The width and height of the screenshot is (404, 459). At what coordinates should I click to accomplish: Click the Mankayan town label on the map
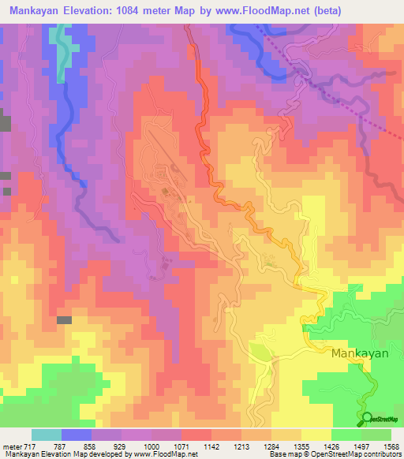[359, 353]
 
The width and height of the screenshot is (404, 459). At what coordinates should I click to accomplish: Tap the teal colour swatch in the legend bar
[47, 435]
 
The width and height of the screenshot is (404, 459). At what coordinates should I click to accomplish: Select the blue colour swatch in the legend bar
[77, 435]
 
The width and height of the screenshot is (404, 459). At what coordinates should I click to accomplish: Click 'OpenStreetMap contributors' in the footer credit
[361, 454]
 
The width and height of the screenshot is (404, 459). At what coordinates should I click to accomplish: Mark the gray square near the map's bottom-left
[64, 320]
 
